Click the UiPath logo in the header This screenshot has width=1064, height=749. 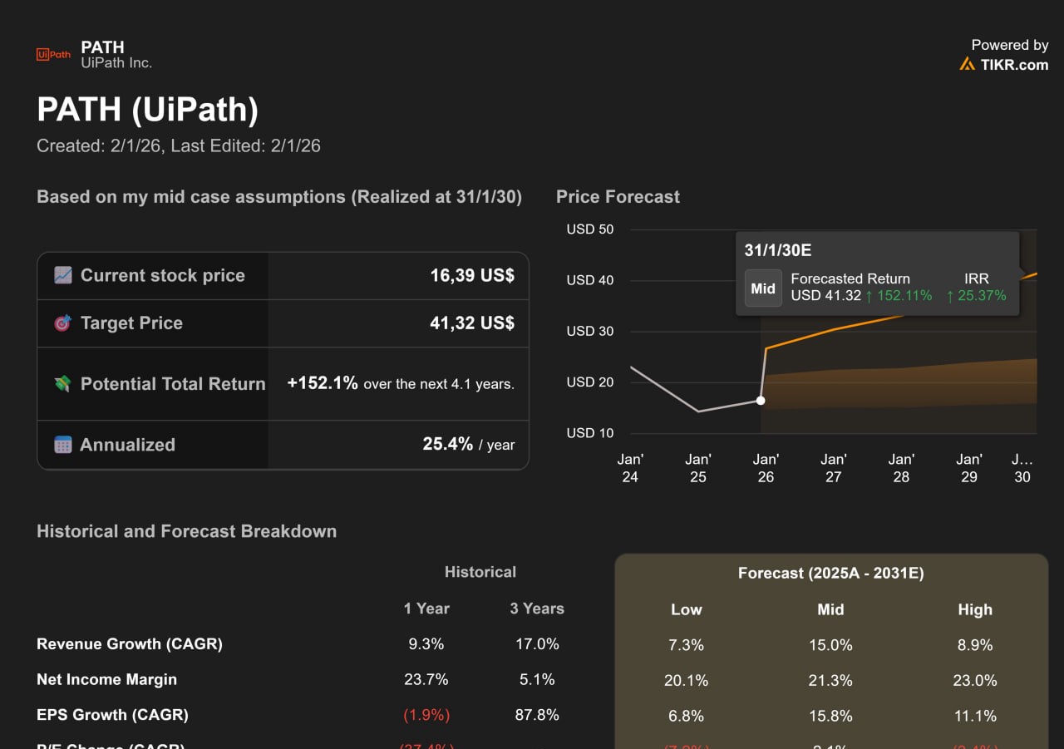click(x=53, y=55)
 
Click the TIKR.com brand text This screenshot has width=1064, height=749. click(x=1014, y=65)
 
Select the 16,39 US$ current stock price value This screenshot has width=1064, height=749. click(x=472, y=276)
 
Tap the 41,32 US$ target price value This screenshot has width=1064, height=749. click(x=472, y=323)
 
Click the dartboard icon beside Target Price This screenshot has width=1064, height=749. click(x=62, y=323)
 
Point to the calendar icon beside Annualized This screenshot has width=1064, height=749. click(x=62, y=445)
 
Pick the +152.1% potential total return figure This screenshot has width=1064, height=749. click(x=323, y=383)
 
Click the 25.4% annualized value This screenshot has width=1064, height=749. click(x=447, y=444)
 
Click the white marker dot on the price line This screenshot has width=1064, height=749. click(x=761, y=401)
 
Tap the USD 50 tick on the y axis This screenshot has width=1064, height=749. click(x=590, y=229)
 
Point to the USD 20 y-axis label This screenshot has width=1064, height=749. click(x=590, y=382)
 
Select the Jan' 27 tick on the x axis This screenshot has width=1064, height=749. click(x=834, y=468)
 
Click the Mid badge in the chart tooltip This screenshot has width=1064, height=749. click(x=763, y=288)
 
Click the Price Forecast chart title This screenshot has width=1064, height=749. click(x=618, y=197)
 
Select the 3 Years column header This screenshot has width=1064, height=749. click(x=537, y=609)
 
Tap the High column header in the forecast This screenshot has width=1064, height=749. click(x=975, y=609)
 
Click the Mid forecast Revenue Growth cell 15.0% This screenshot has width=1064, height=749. click(x=830, y=645)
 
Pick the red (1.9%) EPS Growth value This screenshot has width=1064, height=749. click(x=426, y=715)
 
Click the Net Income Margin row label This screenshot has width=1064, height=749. click(x=106, y=679)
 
